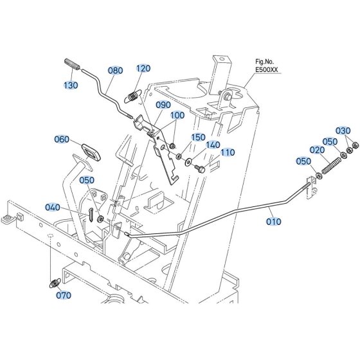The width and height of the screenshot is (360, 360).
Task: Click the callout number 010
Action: [x=274, y=222]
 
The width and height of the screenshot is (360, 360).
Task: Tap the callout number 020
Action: [x=317, y=150]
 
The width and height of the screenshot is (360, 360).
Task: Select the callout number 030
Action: [x=343, y=130]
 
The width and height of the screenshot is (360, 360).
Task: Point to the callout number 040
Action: [x=53, y=207]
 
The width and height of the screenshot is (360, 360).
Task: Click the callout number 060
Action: [x=62, y=139]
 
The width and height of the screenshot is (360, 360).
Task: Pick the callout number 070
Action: [x=64, y=295]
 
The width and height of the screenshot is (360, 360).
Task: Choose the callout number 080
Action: [x=115, y=71]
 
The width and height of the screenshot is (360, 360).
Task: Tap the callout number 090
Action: [x=163, y=105]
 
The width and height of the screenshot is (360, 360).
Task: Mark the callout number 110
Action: [x=228, y=152]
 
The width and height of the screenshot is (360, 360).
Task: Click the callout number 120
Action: [x=143, y=68]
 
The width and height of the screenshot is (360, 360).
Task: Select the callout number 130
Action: [x=71, y=85]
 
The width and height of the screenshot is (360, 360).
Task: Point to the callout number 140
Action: [x=213, y=145]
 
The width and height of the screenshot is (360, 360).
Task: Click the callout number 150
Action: [x=198, y=138]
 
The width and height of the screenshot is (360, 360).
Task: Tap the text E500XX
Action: [x=267, y=69]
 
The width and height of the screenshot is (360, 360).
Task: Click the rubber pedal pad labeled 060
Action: [x=91, y=152]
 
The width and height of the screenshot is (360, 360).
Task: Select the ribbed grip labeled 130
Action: [x=72, y=64]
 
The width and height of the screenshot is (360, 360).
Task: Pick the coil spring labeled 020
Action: [x=332, y=165]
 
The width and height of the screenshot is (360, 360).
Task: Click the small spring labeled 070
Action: [x=55, y=283]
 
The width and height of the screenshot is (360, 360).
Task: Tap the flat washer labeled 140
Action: [x=188, y=162]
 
